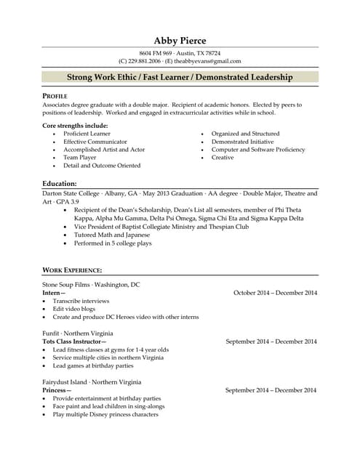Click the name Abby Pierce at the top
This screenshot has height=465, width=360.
click(x=180, y=40)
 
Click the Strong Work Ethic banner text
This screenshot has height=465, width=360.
click(x=180, y=77)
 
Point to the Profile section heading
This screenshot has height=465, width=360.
click(x=55, y=96)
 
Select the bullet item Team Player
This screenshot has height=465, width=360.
click(x=79, y=158)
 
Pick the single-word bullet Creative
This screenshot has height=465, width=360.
click(x=223, y=158)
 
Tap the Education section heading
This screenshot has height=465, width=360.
click(x=60, y=184)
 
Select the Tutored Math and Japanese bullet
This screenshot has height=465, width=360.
click(x=112, y=235)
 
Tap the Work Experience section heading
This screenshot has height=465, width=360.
click(x=72, y=270)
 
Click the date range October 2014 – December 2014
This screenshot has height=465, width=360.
click(x=275, y=293)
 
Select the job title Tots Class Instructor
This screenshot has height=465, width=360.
click(x=74, y=341)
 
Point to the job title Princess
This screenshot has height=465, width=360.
click(x=57, y=390)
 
